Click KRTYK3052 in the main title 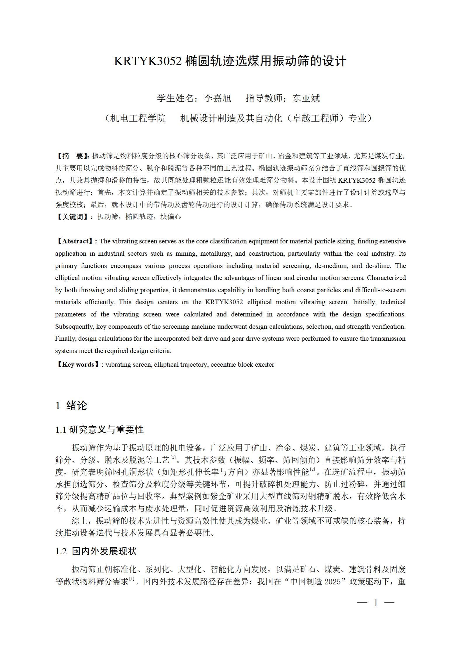point(148,61)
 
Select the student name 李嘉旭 point(217,98)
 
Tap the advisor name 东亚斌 point(306,98)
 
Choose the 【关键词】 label point(73,217)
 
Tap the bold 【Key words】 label point(78,365)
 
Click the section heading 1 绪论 point(72,406)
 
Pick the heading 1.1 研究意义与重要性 point(100,430)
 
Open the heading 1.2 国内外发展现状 point(96,551)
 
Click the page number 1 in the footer point(376,603)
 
